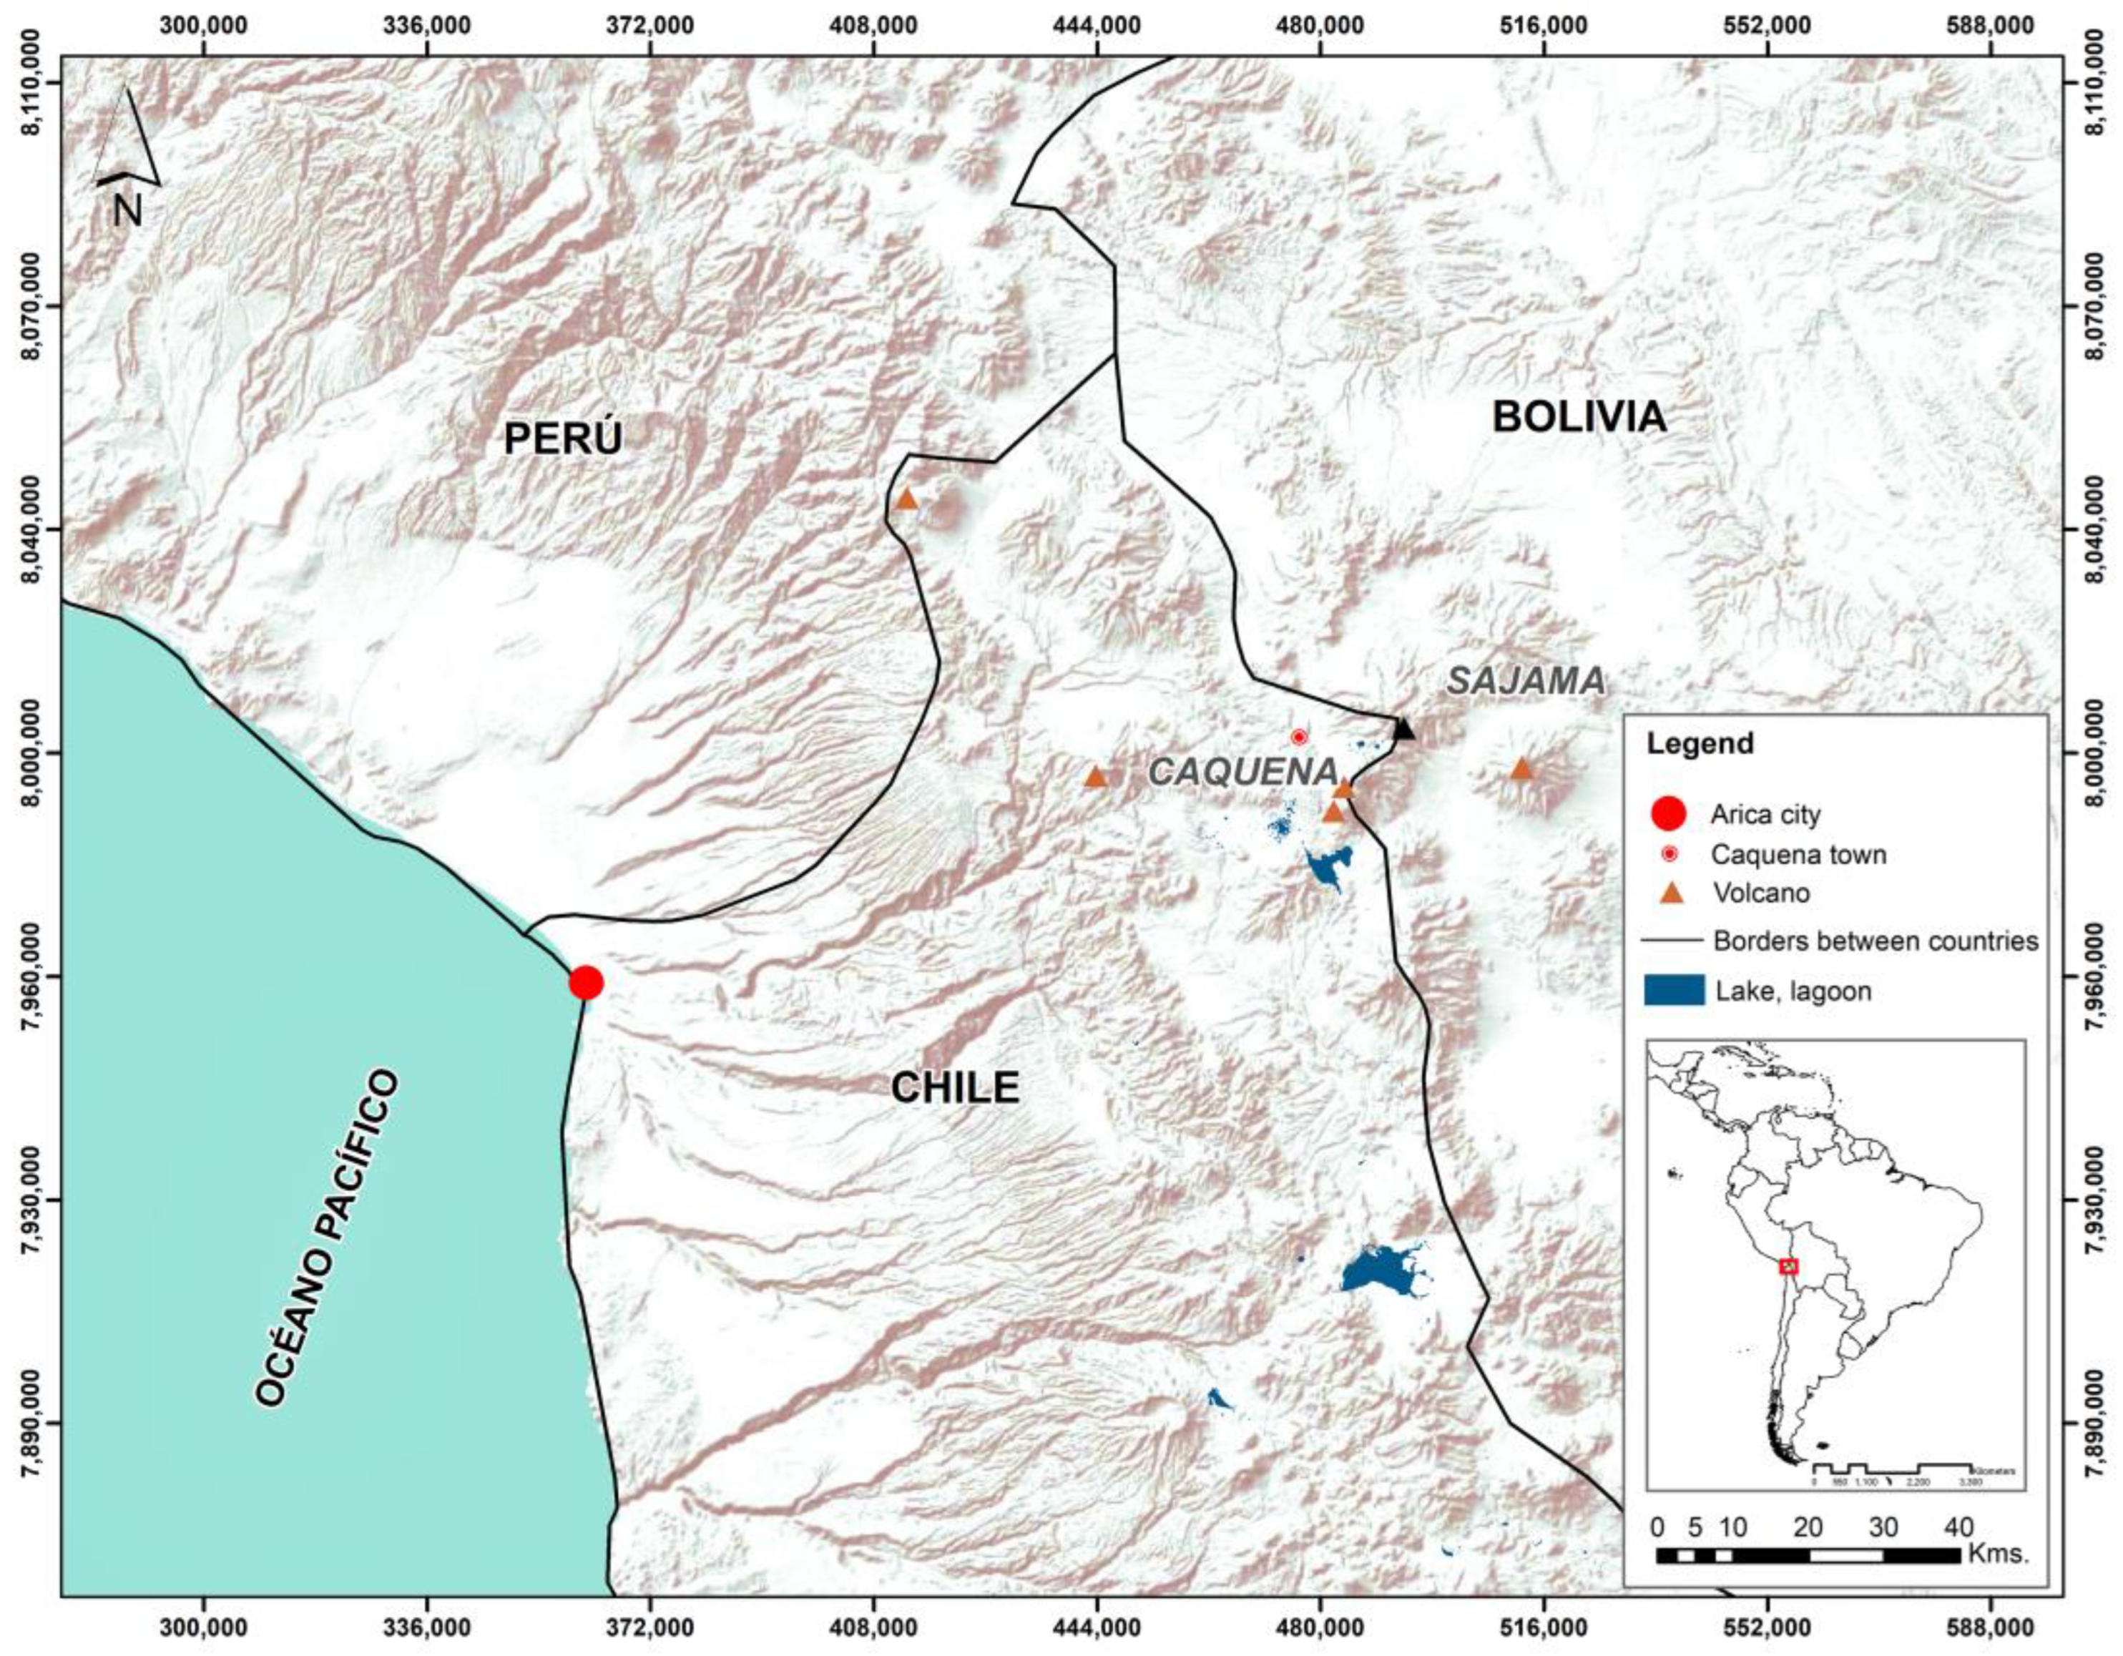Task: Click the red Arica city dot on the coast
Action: (585, 983)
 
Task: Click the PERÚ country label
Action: (563, 439)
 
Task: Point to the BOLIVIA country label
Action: (1579, 417)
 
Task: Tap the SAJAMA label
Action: (1525, 682)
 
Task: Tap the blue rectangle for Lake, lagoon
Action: (1673, 991)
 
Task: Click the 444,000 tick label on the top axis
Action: (1097, 26)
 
